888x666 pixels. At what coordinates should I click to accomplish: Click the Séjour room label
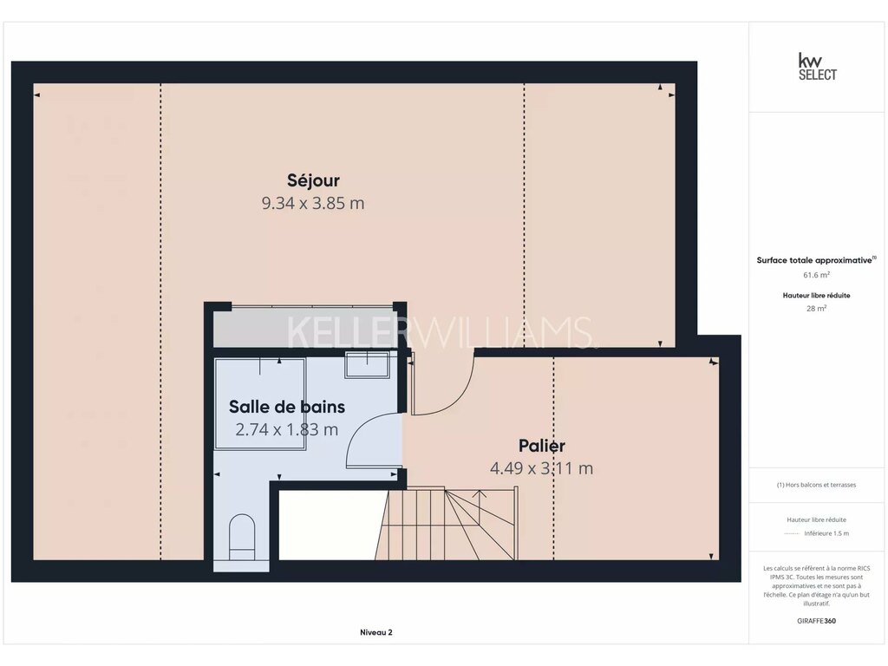pyautogui.click(x=313, y=180)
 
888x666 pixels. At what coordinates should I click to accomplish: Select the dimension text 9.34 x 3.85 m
pyautogui.click(x=312, y=203)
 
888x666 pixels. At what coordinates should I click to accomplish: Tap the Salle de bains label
pyautogui.click(x=286, y=407)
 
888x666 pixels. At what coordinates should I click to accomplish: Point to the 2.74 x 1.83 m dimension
pyautogui.click(x=286, y=430)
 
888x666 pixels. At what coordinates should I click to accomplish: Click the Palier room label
pyautogui.click(x=542, y=446)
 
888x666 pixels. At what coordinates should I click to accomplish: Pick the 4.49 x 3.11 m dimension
pyautogui.click(x=541, y=468)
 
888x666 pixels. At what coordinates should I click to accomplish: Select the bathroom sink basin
pyautogui.click(x=367, y=365)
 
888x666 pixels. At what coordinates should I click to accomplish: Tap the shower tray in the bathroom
pyautogui.click(x=260, y=404)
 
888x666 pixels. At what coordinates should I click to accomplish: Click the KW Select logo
pyautogui.click(x=817, y=67)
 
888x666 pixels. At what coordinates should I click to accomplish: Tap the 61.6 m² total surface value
pyautogui.click(x=816, y=275)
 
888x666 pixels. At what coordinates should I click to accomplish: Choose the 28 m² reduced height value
pyautogui.click(x=816, y=309)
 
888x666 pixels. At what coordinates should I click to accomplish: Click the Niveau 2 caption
pyautogui.click(x=376, y=632)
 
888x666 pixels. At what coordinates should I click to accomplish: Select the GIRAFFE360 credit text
pyautogui.click(x=816, y=621)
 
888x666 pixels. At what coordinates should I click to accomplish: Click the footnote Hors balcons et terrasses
pyautogui.click(x=816, y=485)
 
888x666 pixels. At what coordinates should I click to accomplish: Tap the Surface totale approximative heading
pyautogui.click(x=816, y=260)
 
